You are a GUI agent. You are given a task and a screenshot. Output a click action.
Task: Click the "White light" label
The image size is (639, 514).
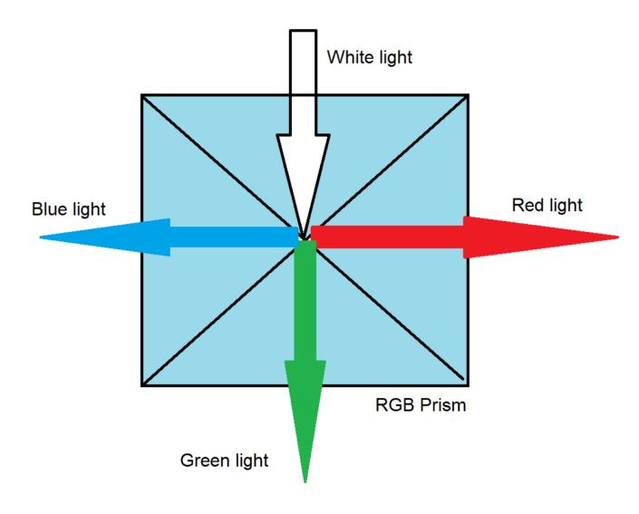369,58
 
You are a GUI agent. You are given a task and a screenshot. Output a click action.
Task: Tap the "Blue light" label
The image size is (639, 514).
69,209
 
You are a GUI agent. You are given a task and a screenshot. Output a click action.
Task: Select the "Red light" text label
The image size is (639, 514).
547,205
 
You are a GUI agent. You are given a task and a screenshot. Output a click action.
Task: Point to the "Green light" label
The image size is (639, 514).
225,461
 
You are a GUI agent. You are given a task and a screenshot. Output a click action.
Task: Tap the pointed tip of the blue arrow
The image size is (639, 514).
42,238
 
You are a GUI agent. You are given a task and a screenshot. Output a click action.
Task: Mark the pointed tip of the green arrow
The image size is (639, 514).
305,480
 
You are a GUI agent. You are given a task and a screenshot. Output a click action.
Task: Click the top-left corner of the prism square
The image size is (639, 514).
142,95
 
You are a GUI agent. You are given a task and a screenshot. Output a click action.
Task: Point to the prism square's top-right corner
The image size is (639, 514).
468,95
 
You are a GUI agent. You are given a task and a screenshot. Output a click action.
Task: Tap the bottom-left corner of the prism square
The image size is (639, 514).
142,385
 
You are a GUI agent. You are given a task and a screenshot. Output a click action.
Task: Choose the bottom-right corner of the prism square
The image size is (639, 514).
468,385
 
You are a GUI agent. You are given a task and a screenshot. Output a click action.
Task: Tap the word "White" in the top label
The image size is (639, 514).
348,58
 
